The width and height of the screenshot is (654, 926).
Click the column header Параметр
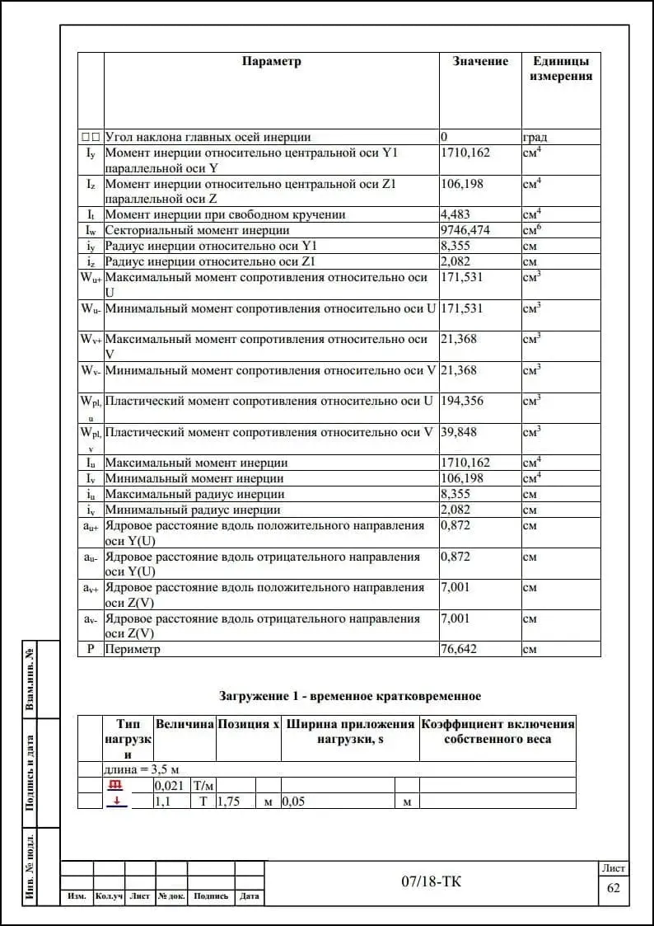tap(272, 62)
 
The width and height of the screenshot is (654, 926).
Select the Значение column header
tap(480, 62)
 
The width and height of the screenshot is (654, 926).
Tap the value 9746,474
tap(465, 231)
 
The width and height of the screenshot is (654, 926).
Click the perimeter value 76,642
tap(459, 650)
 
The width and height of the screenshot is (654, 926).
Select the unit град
tap(535, 138)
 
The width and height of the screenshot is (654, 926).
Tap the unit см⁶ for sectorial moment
tap(531, 230)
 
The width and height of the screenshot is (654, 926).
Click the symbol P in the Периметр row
tap(91, 650)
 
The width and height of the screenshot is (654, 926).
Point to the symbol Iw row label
tap(91, 231)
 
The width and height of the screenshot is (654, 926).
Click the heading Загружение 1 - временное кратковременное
tap(350, 697)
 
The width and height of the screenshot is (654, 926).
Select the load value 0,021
tap(169, 786)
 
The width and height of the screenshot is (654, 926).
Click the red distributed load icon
tap(116, 785)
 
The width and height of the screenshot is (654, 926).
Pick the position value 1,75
tap(228, 801)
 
